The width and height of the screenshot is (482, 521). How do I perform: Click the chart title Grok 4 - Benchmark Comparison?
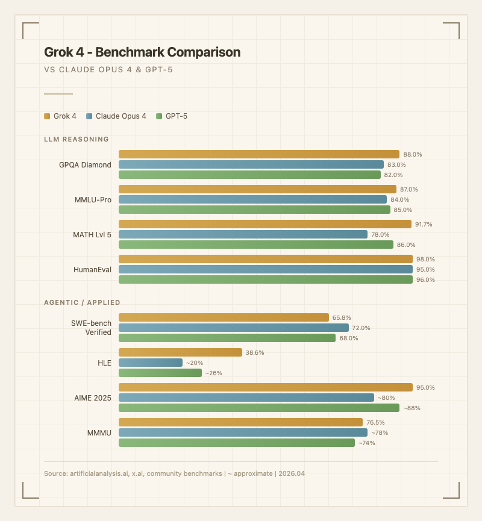142,52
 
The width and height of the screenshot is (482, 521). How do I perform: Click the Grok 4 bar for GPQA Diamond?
259,154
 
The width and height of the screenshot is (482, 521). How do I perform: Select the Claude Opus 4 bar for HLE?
151,363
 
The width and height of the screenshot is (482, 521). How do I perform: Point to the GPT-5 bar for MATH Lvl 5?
256,245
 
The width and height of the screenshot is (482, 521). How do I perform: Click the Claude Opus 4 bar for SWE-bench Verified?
234,328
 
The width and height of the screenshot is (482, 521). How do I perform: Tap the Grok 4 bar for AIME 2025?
266,387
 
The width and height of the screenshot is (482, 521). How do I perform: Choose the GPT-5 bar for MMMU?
237,443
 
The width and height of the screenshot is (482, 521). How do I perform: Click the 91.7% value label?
424,225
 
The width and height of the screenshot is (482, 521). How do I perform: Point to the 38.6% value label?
255,353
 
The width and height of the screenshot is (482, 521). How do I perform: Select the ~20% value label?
195,363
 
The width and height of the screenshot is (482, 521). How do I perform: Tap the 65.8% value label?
342,317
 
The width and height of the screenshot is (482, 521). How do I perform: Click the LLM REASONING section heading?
77,139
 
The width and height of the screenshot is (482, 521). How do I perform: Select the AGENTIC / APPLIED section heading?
82,302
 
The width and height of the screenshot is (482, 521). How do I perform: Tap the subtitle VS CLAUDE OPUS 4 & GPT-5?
108,70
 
